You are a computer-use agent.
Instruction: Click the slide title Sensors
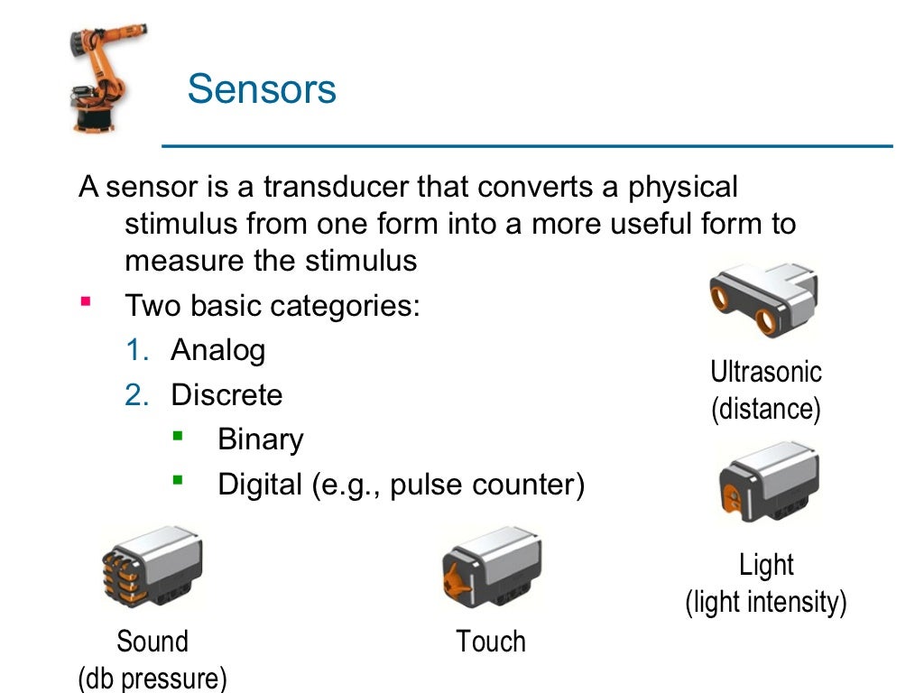coord(262,89)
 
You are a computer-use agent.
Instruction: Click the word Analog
coord(217,349)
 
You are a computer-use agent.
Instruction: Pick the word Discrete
coord(226,394)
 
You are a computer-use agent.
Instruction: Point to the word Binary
coord(260,439)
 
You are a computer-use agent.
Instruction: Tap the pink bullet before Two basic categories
coord(86,300)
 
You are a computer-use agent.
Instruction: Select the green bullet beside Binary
coord(178,436)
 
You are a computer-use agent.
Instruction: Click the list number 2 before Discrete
coord(136,395)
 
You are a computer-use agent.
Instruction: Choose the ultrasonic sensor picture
coord(764,300)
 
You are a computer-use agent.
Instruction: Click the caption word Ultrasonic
coord(766,372)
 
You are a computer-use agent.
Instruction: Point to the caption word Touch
coord(490,642)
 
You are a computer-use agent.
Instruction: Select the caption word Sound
coord(152,642)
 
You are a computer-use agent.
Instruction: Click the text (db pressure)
coord(152,677)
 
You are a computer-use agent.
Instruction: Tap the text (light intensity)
coord(766,601)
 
